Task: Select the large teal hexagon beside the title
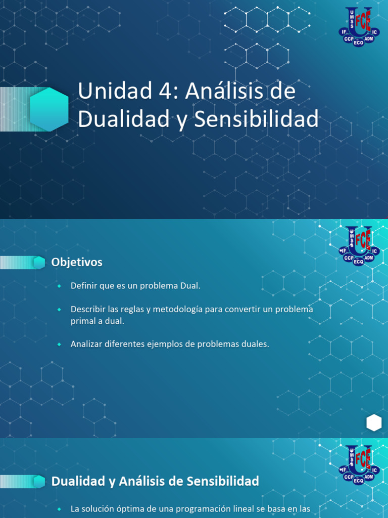pos(49,109)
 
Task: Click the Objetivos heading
pos(77,262)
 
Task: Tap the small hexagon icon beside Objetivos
pos(39,263)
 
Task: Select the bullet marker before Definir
pos(59,286)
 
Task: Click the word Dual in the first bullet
pos(189,286)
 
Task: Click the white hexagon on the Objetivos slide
pos(374,422)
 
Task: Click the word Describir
pos(87,309)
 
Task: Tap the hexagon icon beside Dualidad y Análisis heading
pos(39,482)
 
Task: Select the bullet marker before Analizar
pos(59,344)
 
